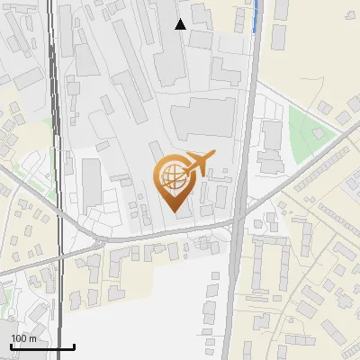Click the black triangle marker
tap(181, 24)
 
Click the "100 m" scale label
tap(23, 337)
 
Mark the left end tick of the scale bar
tap(10, 346)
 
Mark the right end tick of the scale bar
tap(74, 346)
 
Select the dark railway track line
tap(56, 135)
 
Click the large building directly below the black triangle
tap(171, 59)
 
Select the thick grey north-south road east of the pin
tap(247, 135)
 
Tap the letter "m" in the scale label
tap(32, 337)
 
